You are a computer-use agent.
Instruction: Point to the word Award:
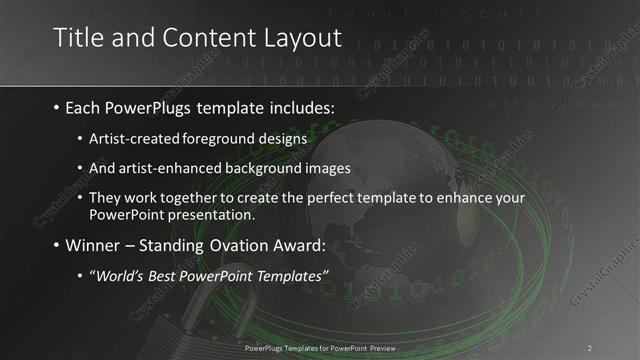(299, 246)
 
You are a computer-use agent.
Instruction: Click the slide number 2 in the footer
(590, 347)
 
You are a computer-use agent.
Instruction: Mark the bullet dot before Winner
(55, 247)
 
